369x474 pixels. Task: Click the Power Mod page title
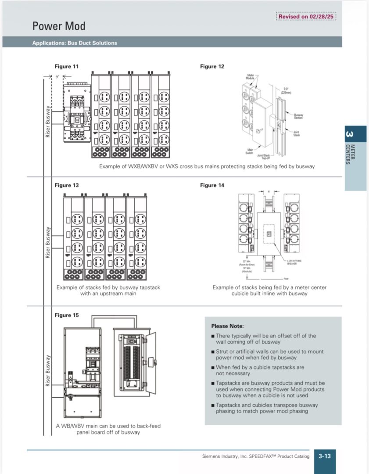point(59,26)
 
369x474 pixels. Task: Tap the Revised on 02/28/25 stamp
point(307,17)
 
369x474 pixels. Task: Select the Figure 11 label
point(67,66)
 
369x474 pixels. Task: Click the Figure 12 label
point(212,66)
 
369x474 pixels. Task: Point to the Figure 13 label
point(67,185)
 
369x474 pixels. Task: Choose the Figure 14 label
point(212,185)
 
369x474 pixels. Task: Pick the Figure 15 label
point(67,315)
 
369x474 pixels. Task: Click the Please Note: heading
point(227,326)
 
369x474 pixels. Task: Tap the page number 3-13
point(325,456)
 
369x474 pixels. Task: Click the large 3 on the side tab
point(349,134)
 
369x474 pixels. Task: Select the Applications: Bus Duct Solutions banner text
point(75,43)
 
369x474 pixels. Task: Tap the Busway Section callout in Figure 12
point(298,116)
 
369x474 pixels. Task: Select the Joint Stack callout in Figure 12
point(297,133)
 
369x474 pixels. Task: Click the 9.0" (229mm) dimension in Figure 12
point(286,90)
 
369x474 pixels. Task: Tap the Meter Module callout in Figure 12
point(251,76)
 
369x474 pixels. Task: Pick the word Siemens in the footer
point(212,456)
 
